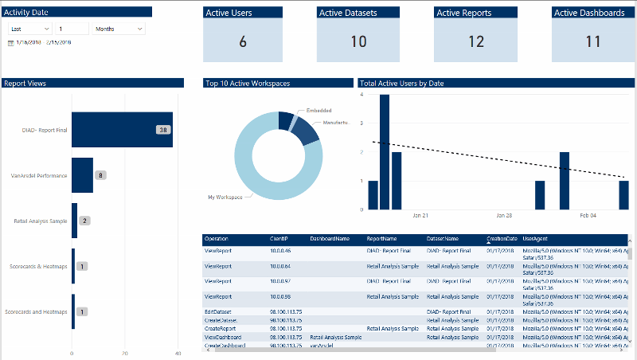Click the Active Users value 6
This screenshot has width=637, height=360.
[x=243, y=42]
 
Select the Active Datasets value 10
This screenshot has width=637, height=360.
[x=358, y=42]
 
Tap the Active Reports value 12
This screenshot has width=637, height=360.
[x=476, y=42]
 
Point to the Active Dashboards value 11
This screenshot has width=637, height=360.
[x=592, y=42]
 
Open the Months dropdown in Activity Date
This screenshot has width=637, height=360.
[x=119, y=28]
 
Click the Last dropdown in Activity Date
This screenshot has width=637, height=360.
[x=29, y=28]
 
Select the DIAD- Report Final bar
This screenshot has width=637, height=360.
[x=122, y=130]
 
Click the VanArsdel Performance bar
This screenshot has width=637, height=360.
[x=82, y=175]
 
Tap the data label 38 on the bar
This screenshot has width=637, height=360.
[x=163, y=130]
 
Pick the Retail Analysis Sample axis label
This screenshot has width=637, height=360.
[x=41, y=221]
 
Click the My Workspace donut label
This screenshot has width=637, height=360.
[x=225, y=197]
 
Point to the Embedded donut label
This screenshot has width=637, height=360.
[x=318, y=110]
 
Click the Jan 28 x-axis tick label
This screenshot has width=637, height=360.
[x=503, y=215]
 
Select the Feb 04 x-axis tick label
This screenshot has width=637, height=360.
[x=588, y=215]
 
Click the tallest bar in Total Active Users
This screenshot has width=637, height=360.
[x=385, y=151]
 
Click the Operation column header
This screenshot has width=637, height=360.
[x=217, y=239]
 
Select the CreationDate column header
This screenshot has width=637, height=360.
[x=502, y=239]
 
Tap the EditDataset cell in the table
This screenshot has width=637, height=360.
[x=217, y=311]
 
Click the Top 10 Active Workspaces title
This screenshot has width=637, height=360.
[x=247, y=83]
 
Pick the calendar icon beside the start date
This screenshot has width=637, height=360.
[x=10, y=42]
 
